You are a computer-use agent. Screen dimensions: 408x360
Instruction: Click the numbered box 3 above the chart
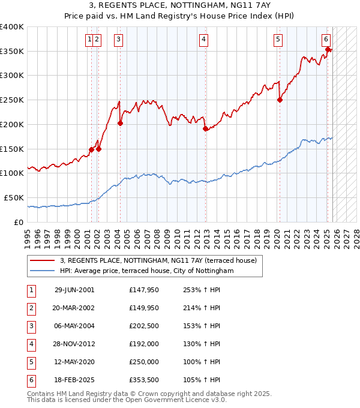click(119, 40)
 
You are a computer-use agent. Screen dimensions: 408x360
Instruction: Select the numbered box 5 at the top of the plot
click(278, 40)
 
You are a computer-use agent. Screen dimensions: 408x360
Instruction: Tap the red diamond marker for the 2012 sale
click(205, 128)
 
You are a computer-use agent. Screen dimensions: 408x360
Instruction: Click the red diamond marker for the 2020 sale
click(280, 100)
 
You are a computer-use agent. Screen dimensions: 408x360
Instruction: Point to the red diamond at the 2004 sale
click(120, 124)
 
